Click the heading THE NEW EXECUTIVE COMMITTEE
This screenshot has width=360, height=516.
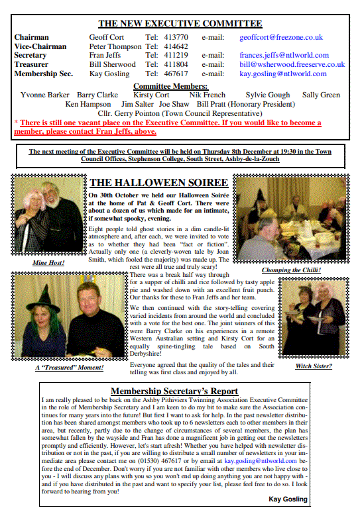(180, 24)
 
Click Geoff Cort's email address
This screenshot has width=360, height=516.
(281, 38)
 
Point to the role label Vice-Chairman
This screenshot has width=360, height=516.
(40, 47)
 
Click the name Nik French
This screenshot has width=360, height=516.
(207, 95)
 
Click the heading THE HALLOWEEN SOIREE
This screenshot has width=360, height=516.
(159, 183)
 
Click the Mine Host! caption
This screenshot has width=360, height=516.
(49, 263)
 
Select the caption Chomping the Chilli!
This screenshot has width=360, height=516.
(291, 270)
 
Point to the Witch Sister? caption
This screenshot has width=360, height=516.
(314, 366)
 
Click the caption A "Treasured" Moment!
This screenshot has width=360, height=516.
(69, 368)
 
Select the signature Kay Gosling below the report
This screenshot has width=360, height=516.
(288, 499)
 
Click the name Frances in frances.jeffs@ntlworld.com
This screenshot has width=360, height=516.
(252, 56)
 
